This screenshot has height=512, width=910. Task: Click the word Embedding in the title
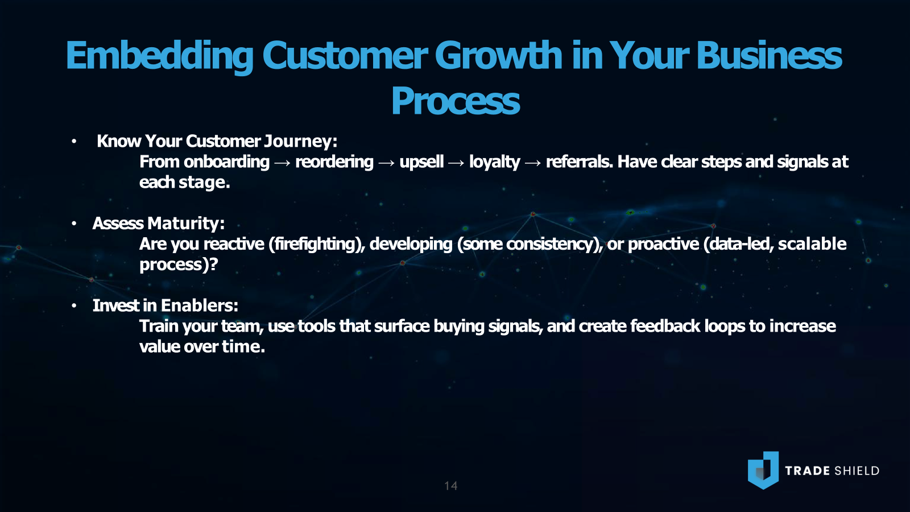tap(160, 56)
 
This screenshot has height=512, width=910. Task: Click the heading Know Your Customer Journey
tap(217, 142)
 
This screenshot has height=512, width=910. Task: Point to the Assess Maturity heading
tap(159, 224)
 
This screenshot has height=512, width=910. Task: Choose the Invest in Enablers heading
tap(166, 305)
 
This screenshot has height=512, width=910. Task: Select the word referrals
tap(580, 162)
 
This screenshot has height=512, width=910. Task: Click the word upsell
tap(421, 162)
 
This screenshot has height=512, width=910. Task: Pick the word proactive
tap(663, 244)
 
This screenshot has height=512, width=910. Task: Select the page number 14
tap(451, 486)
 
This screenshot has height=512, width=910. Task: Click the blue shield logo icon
tap(763, 470)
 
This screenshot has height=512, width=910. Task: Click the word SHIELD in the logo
tap(857, 471)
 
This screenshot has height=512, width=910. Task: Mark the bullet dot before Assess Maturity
tap(74, 224)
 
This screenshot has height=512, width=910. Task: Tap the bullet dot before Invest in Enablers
tap(74, 305)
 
